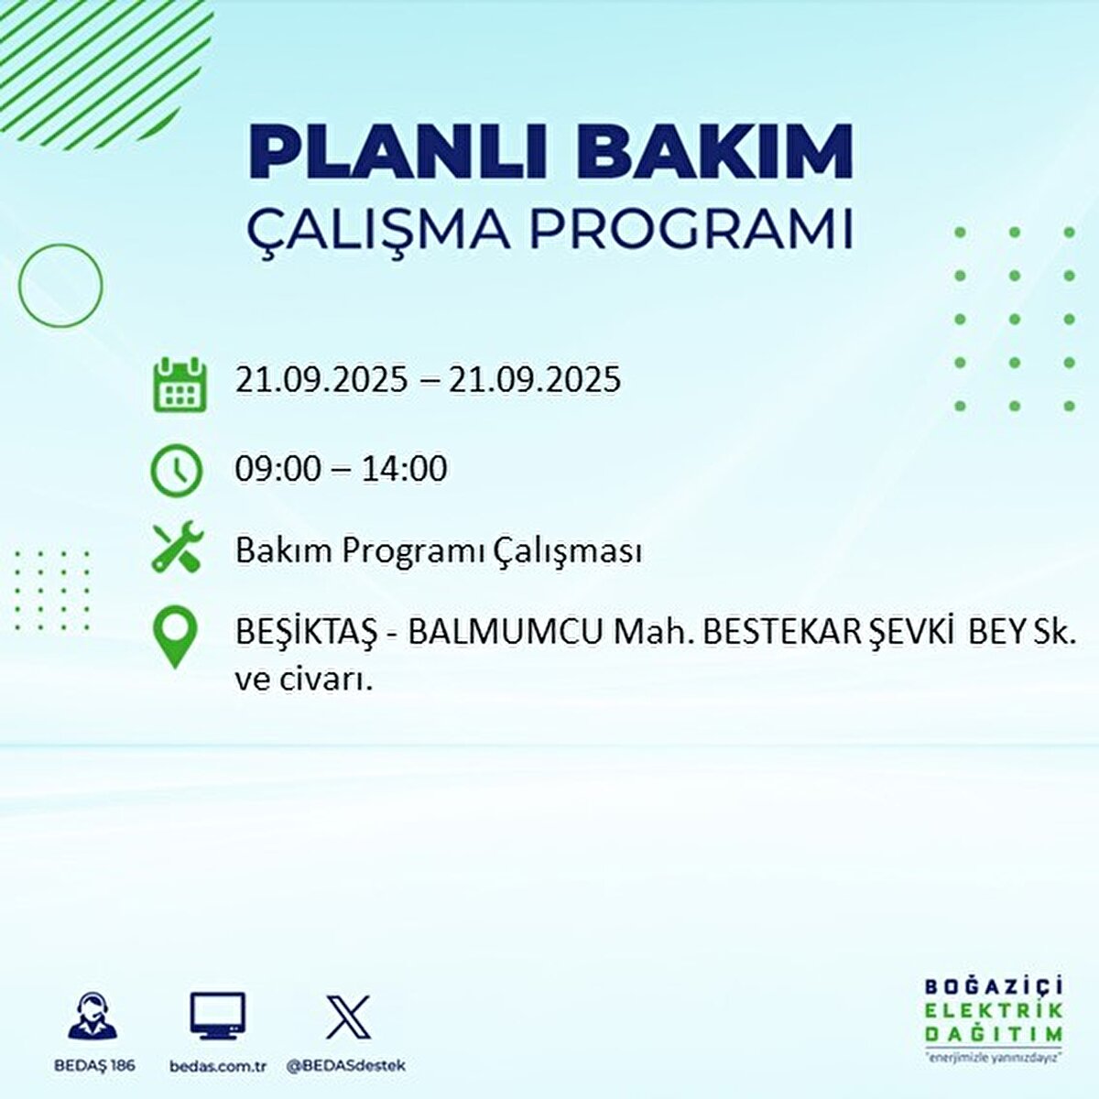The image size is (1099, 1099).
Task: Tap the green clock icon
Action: (176, 470)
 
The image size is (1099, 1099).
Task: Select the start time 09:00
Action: (278, 469)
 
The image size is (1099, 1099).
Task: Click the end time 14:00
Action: (404, 469)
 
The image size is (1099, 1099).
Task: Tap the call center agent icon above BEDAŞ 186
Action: (93, 1017)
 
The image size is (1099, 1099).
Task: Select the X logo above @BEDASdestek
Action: (348, 1017)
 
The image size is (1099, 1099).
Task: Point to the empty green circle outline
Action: (60, 286)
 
